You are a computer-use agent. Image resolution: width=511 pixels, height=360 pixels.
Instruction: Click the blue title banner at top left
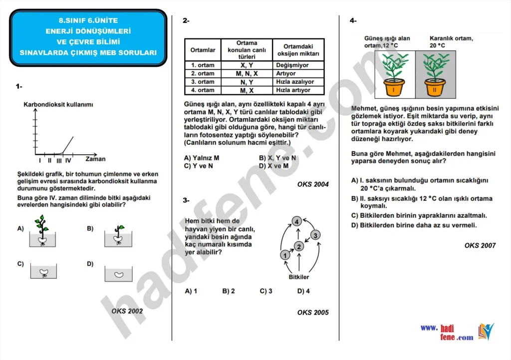point(89,37)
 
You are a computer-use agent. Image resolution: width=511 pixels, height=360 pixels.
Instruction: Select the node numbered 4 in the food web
point(296,221)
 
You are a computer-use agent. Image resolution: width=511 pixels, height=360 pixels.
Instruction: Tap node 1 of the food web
point(285,255)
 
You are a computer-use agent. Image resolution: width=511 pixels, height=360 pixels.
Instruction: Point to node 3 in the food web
point(315,235)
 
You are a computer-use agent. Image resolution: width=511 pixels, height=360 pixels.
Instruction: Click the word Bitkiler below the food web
point(299,277)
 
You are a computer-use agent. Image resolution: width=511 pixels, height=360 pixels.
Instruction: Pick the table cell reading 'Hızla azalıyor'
point(294,82)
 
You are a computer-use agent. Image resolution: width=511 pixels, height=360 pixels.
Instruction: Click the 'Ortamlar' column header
point(203,50)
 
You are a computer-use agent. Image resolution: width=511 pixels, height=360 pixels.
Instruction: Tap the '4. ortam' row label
point(203,90)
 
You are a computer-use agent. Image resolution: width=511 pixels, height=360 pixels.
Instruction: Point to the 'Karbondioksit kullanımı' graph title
point(58,104)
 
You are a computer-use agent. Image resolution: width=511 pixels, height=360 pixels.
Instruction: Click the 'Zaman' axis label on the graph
point(95,159)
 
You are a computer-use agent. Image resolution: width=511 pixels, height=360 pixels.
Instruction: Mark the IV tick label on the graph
point(68,160)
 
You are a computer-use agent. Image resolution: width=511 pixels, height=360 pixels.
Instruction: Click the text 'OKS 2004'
point(313,184)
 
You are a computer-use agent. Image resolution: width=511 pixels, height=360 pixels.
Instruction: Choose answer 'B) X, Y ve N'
point(277,158)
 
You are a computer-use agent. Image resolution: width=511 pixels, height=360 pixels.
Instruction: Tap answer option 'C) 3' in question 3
point(266,291)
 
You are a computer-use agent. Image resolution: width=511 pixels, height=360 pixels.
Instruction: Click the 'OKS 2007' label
point(480,245)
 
